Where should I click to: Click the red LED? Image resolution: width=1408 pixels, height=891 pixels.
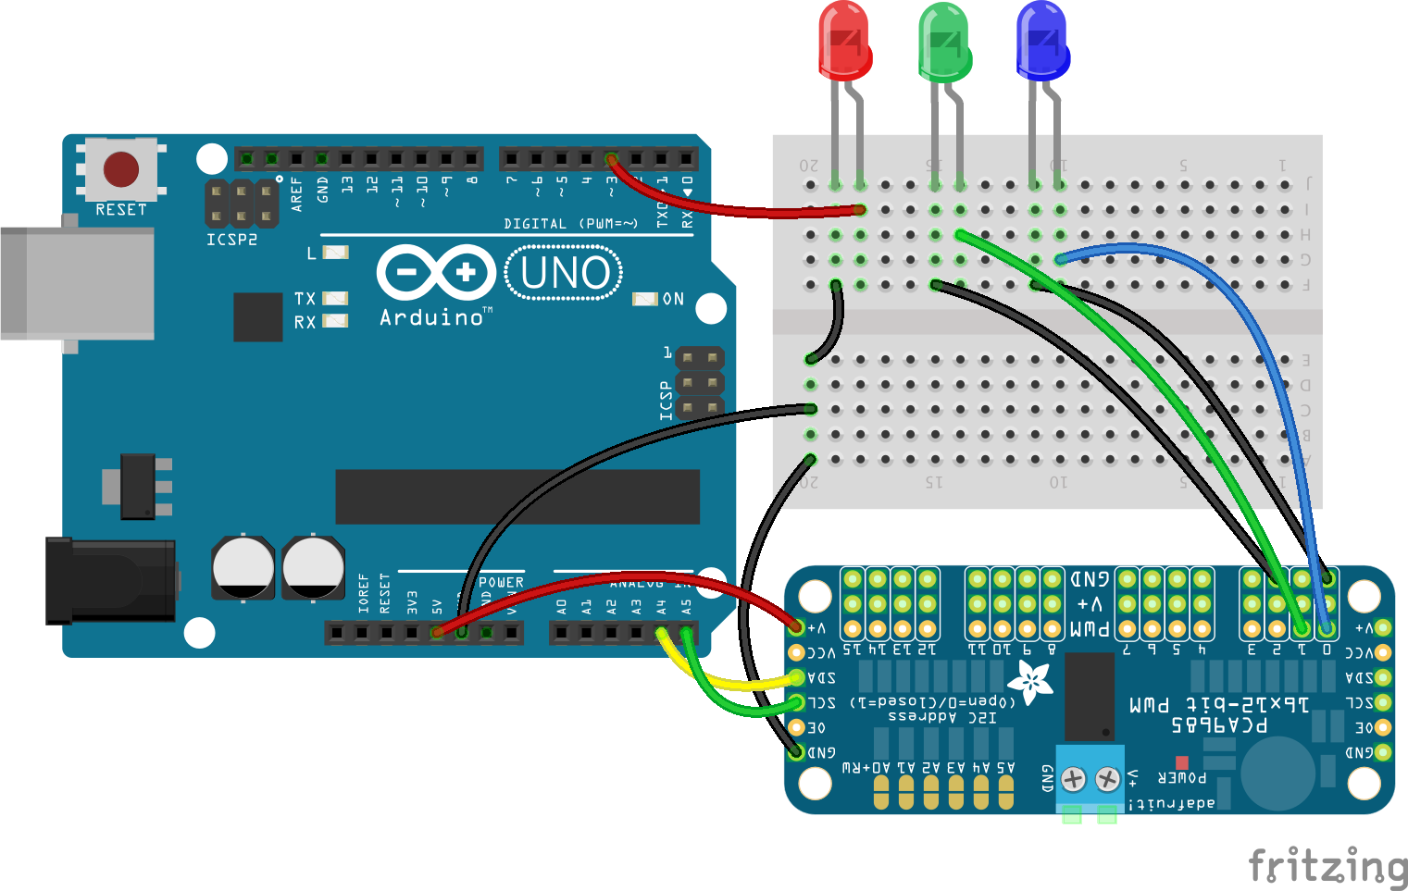coord(844,42)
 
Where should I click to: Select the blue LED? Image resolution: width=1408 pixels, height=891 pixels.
coord(1042,42)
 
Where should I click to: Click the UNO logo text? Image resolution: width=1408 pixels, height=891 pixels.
coord(565,273)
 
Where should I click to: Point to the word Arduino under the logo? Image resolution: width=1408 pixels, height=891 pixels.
coord(432,317)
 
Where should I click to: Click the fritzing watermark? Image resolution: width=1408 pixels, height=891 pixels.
coord(1327,866)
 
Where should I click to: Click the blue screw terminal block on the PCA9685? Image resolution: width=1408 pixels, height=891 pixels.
coord(1090,779)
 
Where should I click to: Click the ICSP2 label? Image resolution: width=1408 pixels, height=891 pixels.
coord(231,240)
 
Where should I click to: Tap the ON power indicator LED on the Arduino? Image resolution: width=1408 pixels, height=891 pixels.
coord(644,299)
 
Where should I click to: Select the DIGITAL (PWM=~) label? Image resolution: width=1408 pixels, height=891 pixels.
coord(570,224)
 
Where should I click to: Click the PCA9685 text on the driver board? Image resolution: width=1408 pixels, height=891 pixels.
coord(1219,724)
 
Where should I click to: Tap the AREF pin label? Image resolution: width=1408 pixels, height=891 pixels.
coord(296,194)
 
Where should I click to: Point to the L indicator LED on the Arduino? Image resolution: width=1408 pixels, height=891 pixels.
coord(335,252)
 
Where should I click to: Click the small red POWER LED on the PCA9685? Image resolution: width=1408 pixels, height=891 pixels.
coord(1181,763)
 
